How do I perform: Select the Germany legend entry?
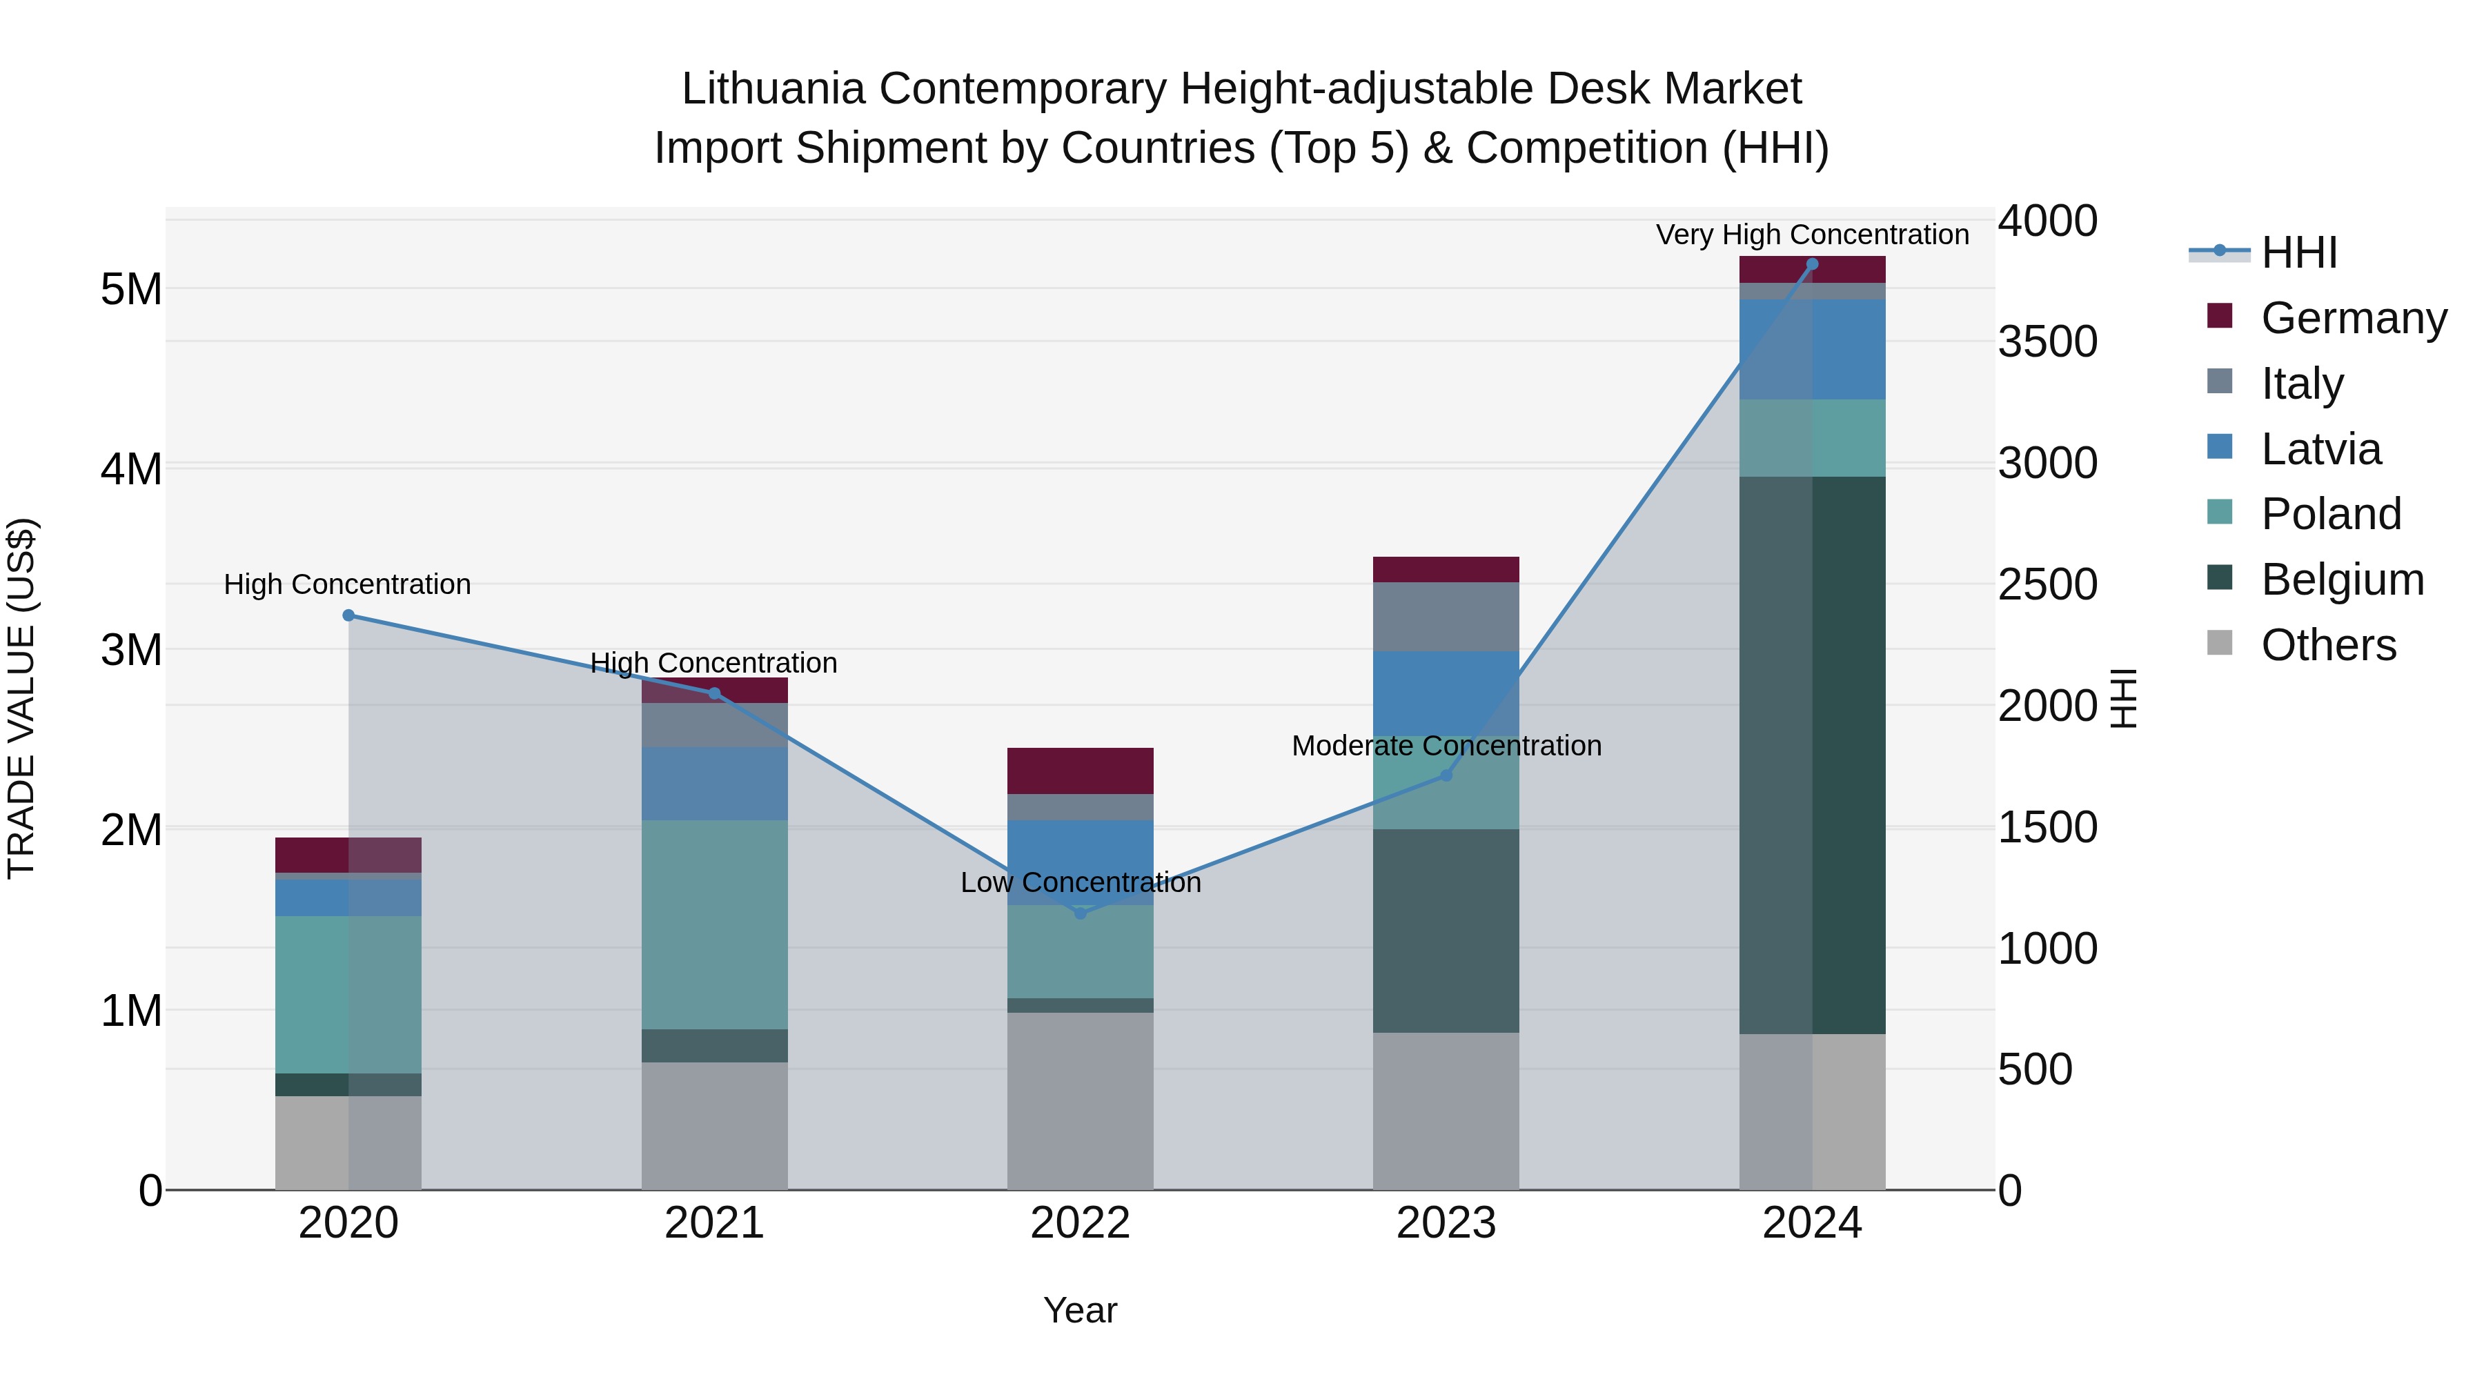coord(2352,318)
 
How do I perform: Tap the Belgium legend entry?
coord(2341,579)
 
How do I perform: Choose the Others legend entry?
coord(2328,645)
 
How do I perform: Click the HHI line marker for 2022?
coord(1080,913)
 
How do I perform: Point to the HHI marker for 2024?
coord(1812,264)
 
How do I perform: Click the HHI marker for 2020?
coord(349,615)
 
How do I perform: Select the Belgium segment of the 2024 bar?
coord(1812,755)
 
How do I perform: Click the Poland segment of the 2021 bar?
coord(715,924)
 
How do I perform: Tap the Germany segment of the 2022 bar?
coord(1080,771)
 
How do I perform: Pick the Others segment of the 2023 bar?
coord(1446,1111)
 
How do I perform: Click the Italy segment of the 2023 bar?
coord(1446,616)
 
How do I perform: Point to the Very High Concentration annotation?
coord(1812,235)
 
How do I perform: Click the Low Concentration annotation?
coord(1080,882)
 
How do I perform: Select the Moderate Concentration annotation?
coord(1446,745)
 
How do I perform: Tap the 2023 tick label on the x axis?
coord(1446,1223)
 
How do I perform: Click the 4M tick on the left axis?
coord(131,470)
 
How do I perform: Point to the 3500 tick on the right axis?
coord(2047,342)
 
